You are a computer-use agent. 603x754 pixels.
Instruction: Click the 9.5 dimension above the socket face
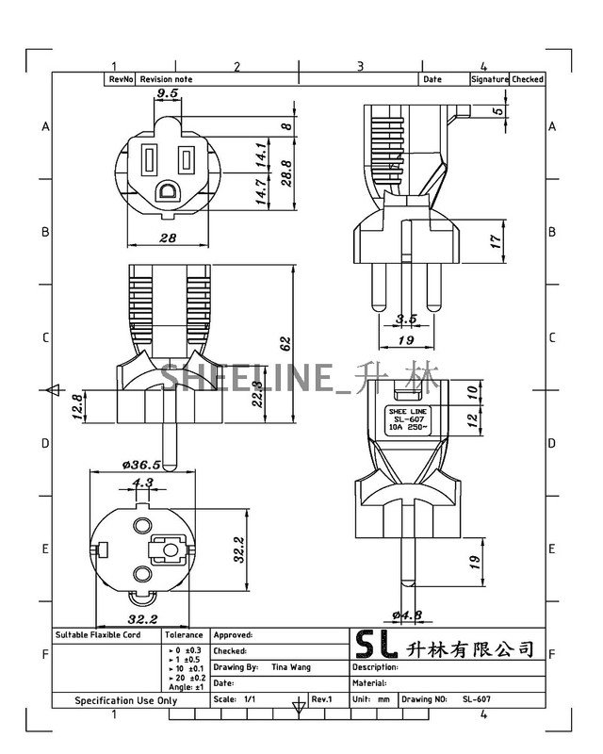click(168, 94)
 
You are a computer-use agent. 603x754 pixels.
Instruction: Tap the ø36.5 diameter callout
click(141, 464)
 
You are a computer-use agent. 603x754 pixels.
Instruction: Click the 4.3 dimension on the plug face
click(142, 483)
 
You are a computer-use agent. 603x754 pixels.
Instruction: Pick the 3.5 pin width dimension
click(406, 320)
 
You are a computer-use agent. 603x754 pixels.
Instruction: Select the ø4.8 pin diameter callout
click(407, 615)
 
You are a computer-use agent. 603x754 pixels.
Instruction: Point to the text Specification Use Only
click(126, 700)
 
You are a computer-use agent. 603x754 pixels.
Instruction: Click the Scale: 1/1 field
click(236, 699)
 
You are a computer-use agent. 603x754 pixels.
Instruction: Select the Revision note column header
click(166, 80)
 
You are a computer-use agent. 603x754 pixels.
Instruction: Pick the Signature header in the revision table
click(490, 80)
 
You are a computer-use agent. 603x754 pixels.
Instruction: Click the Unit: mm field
click(371, 699)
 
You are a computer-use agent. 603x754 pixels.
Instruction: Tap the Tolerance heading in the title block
click(184, 635)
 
